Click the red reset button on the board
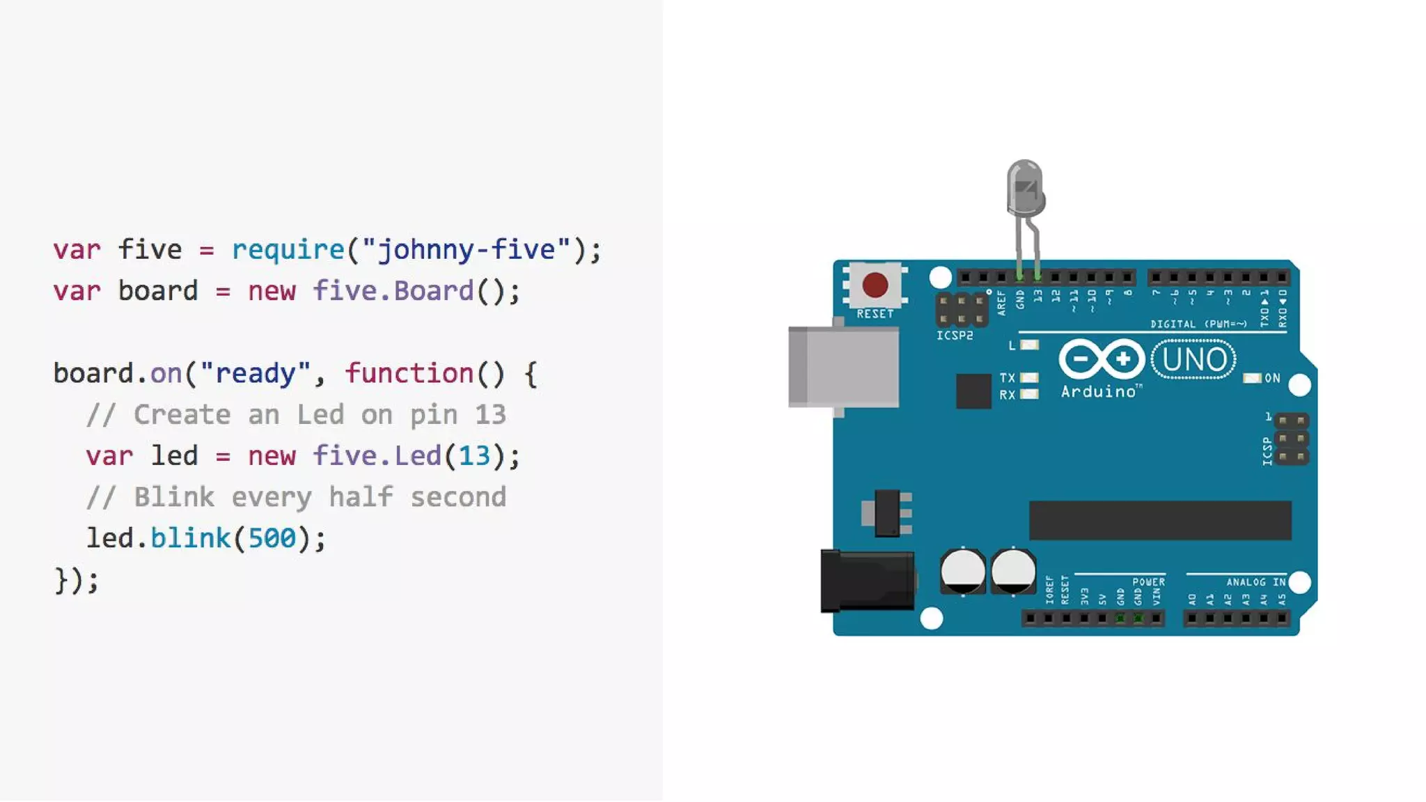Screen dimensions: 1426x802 [875, 285]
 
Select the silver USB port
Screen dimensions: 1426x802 [844, 367]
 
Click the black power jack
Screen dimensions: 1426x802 [868, 581]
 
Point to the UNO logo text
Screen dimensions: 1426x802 [1194, 359]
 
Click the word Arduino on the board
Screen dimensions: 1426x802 [1099, 392]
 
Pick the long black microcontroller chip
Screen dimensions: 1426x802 [1160, 520]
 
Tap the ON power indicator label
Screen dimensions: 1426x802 [1272, 378]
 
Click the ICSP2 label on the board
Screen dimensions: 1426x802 [955, 336]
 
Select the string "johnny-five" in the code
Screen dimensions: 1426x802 [466, 249]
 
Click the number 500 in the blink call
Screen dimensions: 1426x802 [272, 538]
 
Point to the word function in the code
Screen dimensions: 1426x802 [409, 373]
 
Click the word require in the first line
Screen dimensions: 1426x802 [288, 249]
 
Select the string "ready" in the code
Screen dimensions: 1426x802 [255, 373]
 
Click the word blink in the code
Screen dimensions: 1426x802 [190, 538]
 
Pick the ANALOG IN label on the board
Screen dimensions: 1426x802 [1255, 582]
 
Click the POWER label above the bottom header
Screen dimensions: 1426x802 [1148, 582]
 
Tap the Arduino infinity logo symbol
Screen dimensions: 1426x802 [1102, 359]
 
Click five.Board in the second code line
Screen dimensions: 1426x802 [393, 291]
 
